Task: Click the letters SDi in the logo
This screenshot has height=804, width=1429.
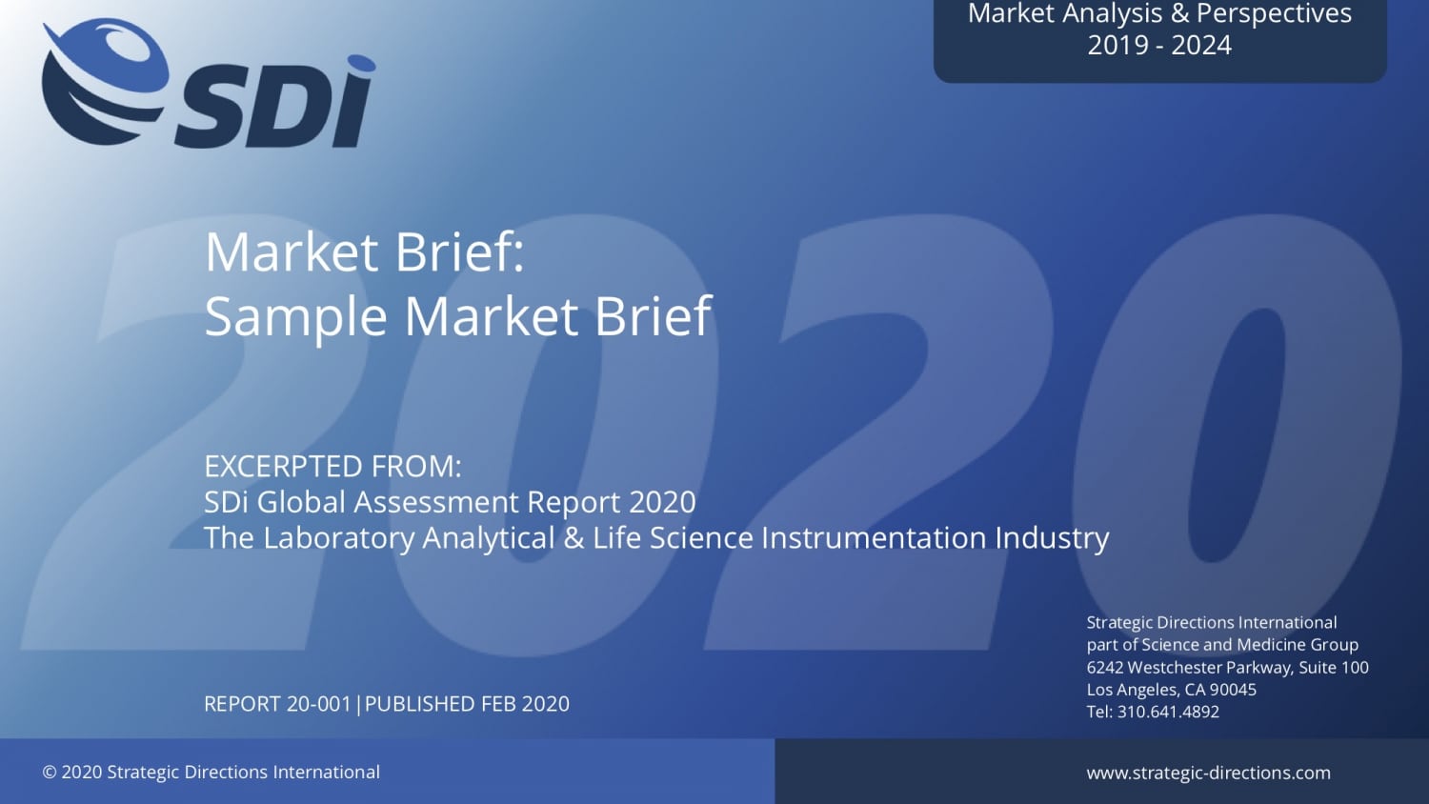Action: [276, 105]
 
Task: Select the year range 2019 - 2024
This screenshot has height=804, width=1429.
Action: [1159, 46]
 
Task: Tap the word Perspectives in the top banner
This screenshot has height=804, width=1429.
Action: [1274, 14]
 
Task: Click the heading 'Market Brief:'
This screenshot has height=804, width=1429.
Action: [364, 252]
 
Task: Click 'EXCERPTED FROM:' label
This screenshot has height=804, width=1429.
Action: [332, 467]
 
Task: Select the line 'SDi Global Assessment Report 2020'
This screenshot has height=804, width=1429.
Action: [450, 502]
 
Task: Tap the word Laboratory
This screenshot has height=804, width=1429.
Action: [340, 538]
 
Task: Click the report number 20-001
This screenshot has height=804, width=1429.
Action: [318, 704]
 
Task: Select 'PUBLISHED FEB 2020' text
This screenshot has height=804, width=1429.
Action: [467, 704]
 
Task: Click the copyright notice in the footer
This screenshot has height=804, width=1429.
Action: [211, 773]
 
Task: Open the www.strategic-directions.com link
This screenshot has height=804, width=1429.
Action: [1208, 773]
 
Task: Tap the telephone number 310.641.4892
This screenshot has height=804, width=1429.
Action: [1168, 712]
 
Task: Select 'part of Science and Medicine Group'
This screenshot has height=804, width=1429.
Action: [1222, 645]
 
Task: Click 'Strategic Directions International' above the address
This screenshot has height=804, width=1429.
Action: [1212, 623]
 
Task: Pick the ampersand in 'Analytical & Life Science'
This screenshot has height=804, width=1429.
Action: [574, 538]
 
